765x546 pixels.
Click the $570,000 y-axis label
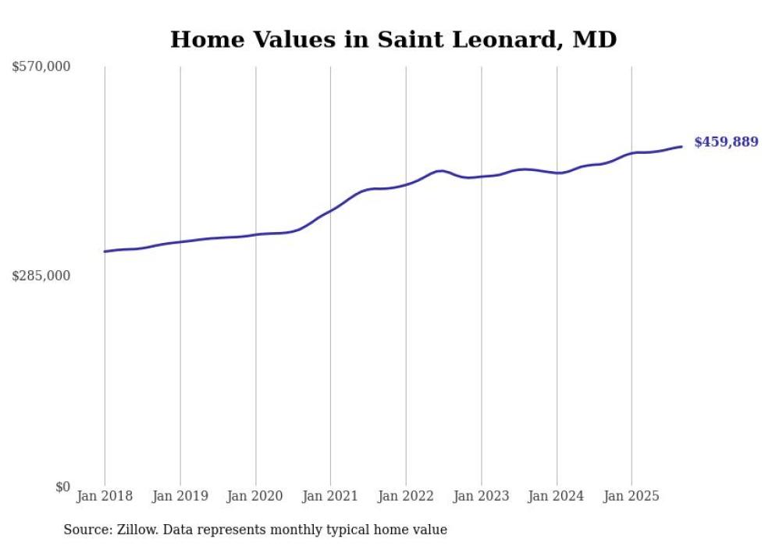pos(41,67)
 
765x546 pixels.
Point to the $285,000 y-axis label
pos(41,276)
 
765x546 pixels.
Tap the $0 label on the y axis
pos(62,487)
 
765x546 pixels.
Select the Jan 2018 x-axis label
pos(105,496)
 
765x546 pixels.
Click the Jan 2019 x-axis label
pos(180,496)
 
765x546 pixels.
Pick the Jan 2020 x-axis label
pos(255,496)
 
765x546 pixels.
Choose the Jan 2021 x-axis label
pos(330,496)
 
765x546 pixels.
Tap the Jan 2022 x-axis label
pos(406,496)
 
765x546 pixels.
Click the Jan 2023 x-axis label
pos(481,496)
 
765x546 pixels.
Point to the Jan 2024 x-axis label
pos(557,496)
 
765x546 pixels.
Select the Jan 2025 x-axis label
pos(632,496)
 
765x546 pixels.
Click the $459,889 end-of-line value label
pos(726,142)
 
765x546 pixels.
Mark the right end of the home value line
pos(682,146)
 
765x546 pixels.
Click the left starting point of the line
pos(105,252)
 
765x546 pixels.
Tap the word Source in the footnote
pos(85,530)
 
